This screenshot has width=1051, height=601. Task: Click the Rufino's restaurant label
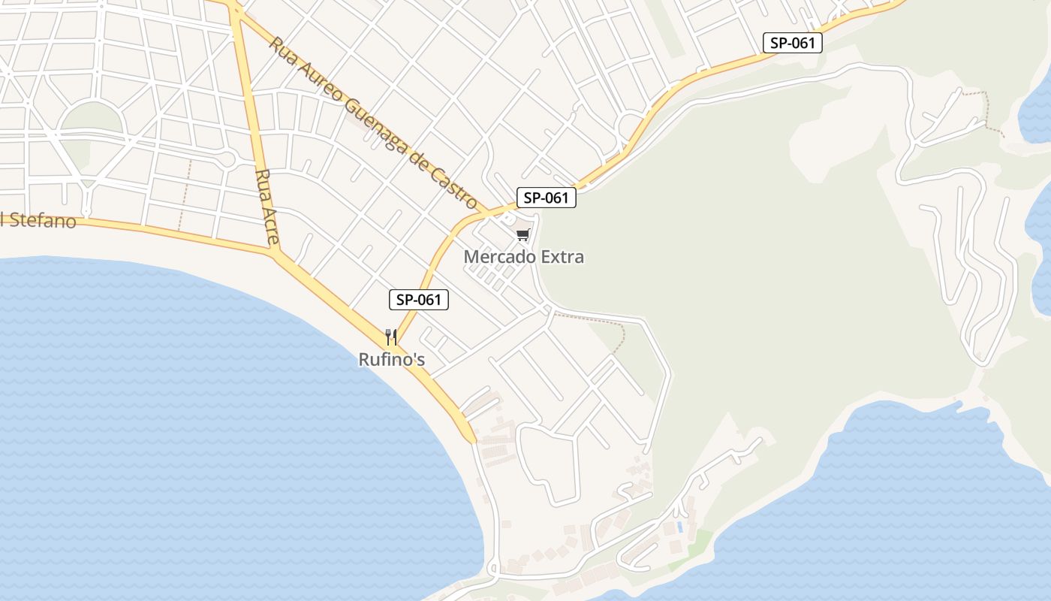(391, 360)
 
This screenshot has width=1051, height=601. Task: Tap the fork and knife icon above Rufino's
(390, 337)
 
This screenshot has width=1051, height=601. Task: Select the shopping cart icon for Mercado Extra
(522, 235)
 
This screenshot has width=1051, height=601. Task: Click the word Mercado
(497, 257)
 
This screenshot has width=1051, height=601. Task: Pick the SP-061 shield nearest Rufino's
(419, 300)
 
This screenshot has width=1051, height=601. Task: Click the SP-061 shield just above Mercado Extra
(546, 198)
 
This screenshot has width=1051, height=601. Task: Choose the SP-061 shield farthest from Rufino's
(792, 43)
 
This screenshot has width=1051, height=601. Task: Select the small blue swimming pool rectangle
(680, 527)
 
